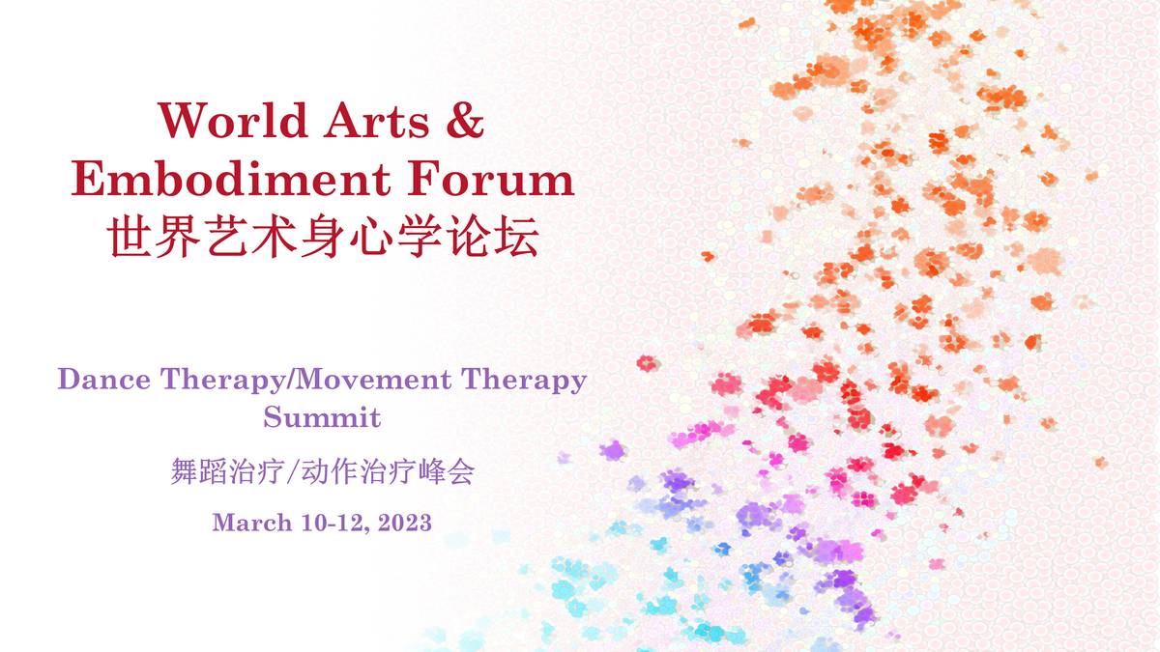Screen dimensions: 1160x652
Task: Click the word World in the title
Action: (x=233, y=120)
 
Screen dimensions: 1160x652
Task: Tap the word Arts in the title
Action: (x=376, y=120)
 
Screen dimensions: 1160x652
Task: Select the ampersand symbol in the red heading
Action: (x=465, y=120)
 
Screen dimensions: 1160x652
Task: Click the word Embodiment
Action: (x=231, y=179)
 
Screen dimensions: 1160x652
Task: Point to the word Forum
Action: (x=491, y=179)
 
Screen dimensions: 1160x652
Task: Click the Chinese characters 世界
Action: (x=154, y=237)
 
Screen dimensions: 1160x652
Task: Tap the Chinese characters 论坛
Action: (x=493, y=237)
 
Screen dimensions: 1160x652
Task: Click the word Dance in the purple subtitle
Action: (x=104, y=379)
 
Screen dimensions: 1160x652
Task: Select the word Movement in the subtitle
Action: (x=372, y=379)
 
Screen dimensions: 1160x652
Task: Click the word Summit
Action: (x=322, y=417)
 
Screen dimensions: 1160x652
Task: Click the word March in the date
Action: (x=252, y=523)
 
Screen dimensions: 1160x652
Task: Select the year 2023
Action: (x=404, y=523)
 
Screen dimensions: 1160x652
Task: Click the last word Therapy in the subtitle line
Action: (x=524, y=380)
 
